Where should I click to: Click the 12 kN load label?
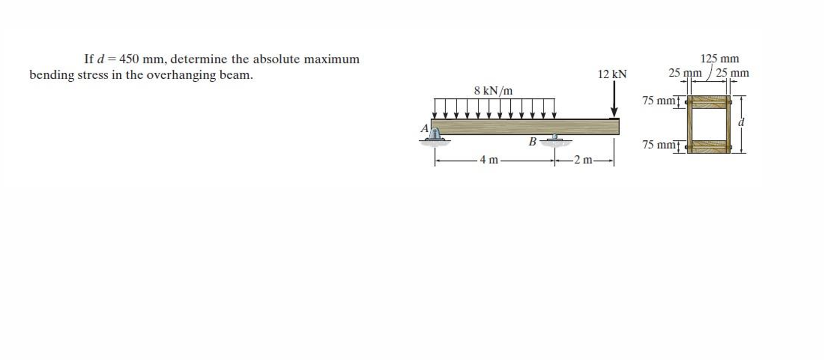click(612, 75)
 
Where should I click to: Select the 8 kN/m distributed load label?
click(493, 91)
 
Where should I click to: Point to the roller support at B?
click(555, 138)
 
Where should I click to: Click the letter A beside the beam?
click(424, 128)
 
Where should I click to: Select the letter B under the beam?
click(532, 142)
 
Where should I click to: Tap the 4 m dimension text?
click(489, 160)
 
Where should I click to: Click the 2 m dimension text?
click(584, 160)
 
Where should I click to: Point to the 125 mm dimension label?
click(719, 59)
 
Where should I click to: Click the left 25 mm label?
click(685, 73)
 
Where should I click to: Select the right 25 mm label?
click(733, 73)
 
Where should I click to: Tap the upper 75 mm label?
click(658, 100)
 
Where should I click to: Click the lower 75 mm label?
click(658, 145)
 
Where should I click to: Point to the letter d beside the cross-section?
click(742, 122)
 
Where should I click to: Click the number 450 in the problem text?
click(129, 59)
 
